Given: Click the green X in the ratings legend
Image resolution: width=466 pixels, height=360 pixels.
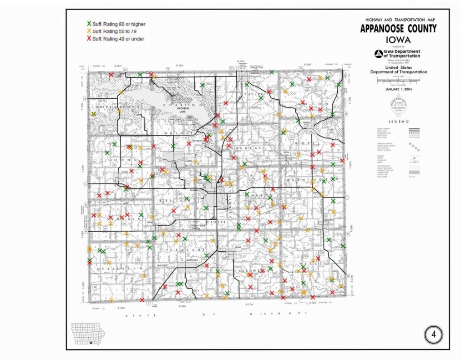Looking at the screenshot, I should click(x=89, y=24).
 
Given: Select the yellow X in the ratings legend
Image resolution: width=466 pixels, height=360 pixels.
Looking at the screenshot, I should click(x=89, y=31).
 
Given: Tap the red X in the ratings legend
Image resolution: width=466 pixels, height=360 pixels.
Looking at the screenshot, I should click(x=89, y=39).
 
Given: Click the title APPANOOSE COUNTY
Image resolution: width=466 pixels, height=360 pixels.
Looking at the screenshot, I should click(x=398, y=29).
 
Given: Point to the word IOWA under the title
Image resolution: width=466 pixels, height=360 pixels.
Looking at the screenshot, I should click(x=398, y=39).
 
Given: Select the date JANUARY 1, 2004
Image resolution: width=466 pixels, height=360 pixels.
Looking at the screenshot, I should click(x=398, y=89).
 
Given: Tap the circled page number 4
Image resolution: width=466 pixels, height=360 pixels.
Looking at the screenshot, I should click(x=433, y=335).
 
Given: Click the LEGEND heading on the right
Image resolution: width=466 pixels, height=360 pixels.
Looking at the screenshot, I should click(x=398, y=122).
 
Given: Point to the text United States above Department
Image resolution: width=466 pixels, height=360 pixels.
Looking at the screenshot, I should click(x=398, y=67).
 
